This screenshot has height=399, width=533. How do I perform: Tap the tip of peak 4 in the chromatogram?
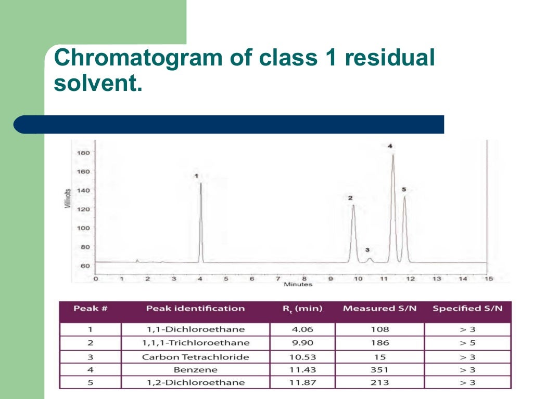click(393, 155)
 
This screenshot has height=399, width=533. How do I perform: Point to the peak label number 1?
click(196, 176)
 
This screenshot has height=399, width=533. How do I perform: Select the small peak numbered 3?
click(370, 258)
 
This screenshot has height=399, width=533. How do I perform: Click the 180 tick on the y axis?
click(83, 153)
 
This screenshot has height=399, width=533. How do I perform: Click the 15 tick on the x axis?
click(488, 279)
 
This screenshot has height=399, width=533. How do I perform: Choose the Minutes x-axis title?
click(298, 284)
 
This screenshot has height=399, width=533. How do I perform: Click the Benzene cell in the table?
click(195, 370)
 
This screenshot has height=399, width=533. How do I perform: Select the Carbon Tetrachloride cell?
click(195, 357)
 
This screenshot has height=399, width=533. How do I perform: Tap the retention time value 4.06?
click(302, 329)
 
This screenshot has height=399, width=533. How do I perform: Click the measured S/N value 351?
click(379, 370)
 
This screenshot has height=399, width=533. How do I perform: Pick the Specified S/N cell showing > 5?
click(467, 343)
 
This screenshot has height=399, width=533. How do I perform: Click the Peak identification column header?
click(195, 309)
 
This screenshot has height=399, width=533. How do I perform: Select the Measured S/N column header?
click(379, 309)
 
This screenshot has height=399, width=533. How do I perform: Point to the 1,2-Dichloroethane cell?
click(195, 383)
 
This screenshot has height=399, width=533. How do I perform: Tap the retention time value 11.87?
click(302, 383)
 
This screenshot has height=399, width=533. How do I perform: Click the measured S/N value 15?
click(379, 357)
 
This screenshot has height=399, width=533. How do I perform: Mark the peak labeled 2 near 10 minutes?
click(353, 206)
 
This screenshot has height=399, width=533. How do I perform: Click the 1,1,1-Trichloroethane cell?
click(195, 343)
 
